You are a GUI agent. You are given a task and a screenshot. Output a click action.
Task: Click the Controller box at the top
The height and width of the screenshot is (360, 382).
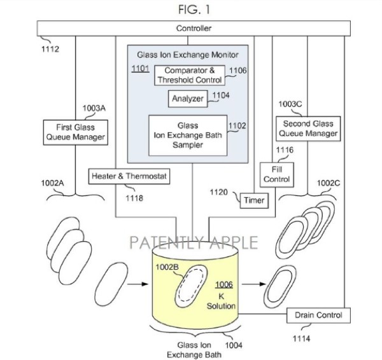point(194,29)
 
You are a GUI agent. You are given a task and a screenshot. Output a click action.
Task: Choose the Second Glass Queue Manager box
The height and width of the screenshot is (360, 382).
point(307,128)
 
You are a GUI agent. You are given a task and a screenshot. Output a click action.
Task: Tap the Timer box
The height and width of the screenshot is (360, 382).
point(254,201)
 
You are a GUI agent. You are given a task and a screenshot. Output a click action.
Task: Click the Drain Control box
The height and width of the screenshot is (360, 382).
point(319,315)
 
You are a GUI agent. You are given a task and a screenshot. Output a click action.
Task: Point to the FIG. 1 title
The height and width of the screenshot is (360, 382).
point(194,9)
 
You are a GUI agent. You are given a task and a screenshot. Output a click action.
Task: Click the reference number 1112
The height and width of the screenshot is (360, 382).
point(48,48)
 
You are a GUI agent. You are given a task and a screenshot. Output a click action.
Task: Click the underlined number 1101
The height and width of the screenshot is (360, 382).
point(140,68)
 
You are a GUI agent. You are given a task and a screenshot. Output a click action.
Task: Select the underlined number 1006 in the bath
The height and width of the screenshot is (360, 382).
point(224,286)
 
